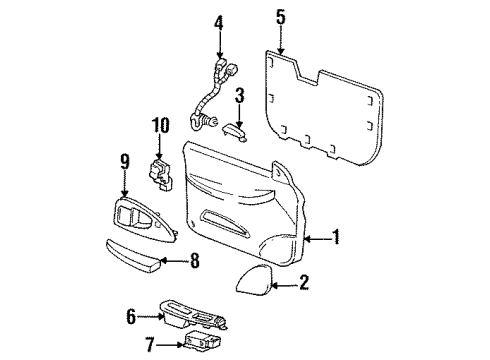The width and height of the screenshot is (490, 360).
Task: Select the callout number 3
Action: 239,96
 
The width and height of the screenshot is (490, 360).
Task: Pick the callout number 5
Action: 280,17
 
